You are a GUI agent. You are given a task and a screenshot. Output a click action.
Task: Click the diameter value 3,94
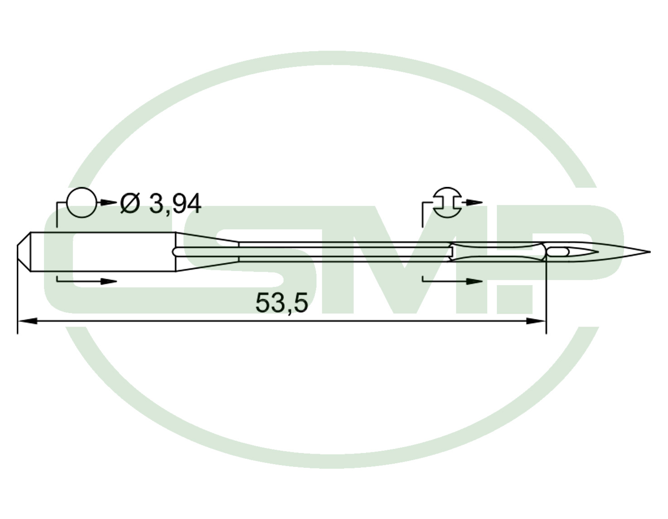click(x=175, y=204)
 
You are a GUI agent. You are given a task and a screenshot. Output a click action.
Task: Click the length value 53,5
click(x=282, y=303)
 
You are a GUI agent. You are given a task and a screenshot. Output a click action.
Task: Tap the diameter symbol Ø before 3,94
click(x=130, y=203)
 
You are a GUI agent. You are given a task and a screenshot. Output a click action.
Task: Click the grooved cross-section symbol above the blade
click(x=447, y=203)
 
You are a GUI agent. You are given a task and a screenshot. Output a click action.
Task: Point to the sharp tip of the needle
click(x=650, y=252)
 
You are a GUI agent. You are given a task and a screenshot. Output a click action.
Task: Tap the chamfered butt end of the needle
click(x=24, y=252)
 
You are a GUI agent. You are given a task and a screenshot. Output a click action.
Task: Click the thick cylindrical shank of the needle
click(x=103, y=252)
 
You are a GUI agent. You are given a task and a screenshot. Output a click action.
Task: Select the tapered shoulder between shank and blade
click(x=207, y=252)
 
